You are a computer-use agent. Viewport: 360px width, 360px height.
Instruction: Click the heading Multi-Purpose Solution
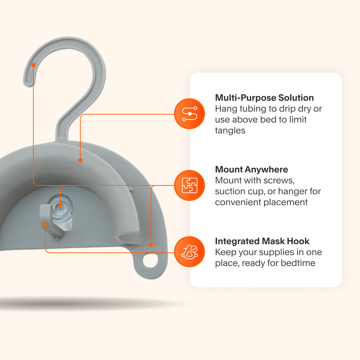point(264,98)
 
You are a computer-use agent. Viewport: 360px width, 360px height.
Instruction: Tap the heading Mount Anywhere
point(251,169)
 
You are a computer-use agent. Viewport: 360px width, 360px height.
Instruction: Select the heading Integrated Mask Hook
point(262,241)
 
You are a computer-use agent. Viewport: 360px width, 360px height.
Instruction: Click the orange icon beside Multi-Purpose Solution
point(190,114)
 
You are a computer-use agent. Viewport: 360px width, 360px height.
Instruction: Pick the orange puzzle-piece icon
point(190,185)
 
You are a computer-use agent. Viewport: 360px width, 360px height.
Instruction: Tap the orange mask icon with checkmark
point(190,252)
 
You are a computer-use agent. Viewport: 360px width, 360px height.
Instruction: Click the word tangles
point(230,131)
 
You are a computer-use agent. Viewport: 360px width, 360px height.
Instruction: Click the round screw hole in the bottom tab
point(151,260)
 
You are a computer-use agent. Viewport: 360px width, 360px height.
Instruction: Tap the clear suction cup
point(61,212)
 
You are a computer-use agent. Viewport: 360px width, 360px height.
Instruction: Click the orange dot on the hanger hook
point(33,65)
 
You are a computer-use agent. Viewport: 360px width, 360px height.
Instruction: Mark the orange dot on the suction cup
point(60,206)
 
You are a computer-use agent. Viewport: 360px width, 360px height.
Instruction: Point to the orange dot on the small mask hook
point(46,224)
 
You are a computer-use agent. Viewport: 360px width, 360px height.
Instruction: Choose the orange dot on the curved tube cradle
point(80,160)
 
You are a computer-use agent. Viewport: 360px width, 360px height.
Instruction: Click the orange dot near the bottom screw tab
point(151,245)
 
